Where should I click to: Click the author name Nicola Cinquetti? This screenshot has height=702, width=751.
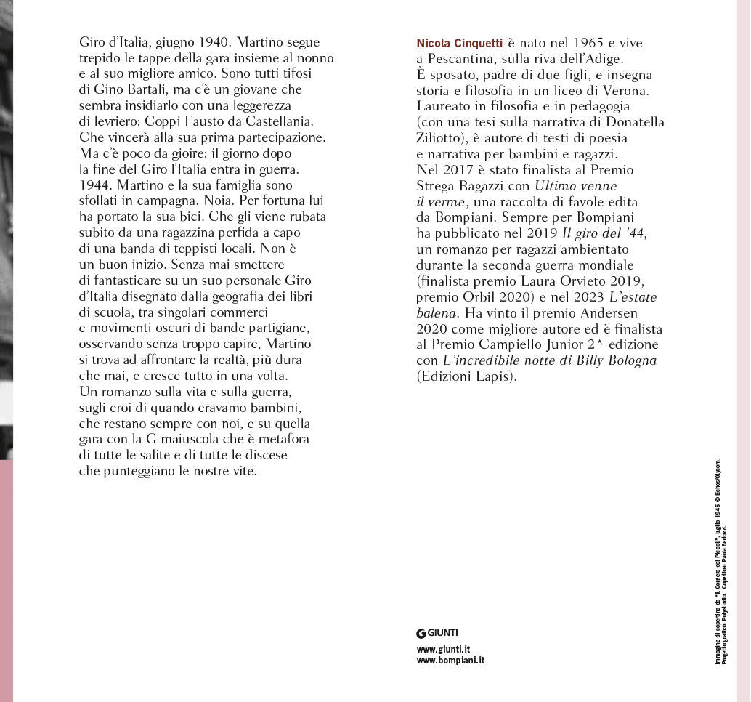459,43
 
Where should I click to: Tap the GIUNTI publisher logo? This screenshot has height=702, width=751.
437,633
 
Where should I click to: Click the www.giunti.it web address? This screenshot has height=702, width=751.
443,649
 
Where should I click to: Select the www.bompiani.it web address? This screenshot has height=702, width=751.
450,661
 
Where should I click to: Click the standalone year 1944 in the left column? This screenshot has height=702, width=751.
94,185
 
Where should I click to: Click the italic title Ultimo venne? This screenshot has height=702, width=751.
575,185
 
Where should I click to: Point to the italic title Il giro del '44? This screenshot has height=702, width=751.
603,233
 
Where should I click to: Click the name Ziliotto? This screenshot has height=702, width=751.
442,137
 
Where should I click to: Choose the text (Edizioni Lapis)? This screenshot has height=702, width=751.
466,376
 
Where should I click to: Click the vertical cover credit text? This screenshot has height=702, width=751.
720,560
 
